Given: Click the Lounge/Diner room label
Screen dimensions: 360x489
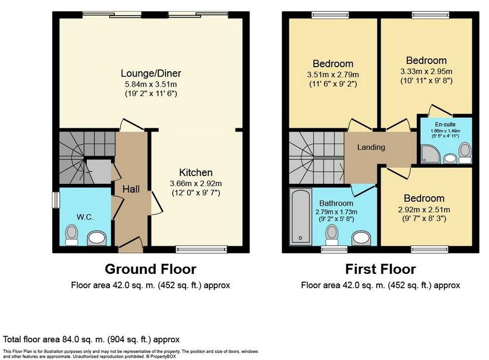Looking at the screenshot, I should pyautogui.click(x=151, y=73).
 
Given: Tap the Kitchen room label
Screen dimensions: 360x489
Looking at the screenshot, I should pyautogui.click(x=196, y=172).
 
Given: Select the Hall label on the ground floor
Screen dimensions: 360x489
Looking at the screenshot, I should pyautogui.click(x=131, y=189).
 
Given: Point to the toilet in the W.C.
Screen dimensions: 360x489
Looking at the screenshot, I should pyautogui.click(x=72, y=235).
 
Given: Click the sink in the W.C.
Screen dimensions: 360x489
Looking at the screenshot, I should pyautogui.click(x=97, y=239).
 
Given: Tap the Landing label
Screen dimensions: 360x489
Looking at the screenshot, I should pyautogui.click(x=371, y=147).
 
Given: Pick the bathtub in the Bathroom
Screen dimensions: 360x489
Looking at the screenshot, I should pyautogui.click(x=300, y=217).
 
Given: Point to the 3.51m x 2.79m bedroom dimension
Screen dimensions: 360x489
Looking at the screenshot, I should pyautogui.click(x=332, y=75).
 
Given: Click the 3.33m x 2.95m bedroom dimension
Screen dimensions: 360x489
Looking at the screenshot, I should pyautogui.click(x=426, y=72).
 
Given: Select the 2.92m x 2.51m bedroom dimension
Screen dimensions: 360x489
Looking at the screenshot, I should pyautogui.click(x=423, y=209).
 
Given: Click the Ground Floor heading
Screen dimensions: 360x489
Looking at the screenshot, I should pyautogui.click(x=151, y=269).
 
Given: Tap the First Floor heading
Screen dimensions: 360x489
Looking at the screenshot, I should pyautogui.click(x=381, y=269).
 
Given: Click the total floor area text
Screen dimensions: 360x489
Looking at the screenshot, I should pyautogui.click(x=91, y=339).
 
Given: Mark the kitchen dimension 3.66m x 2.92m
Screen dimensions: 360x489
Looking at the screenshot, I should pyautogui.click(x=196, y=183).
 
